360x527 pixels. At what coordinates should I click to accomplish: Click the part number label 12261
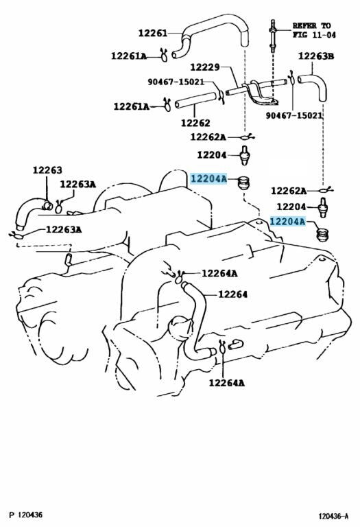click(152, 33)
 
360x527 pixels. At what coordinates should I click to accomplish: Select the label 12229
click(205, 67)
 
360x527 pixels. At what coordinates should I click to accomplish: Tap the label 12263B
click(316, 56)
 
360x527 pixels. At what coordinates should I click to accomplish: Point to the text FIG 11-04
click(314, 34)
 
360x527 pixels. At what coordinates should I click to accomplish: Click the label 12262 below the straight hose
click(195, 123)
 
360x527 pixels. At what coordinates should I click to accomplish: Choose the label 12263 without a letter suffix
click(47, 170)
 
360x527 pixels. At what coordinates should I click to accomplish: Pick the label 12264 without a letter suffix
click(232, 294)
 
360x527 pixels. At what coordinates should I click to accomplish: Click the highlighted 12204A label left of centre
click(209, 179)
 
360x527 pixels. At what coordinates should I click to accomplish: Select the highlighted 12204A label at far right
click(288, 222)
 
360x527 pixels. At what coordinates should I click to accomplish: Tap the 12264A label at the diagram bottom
click(227, 383)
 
